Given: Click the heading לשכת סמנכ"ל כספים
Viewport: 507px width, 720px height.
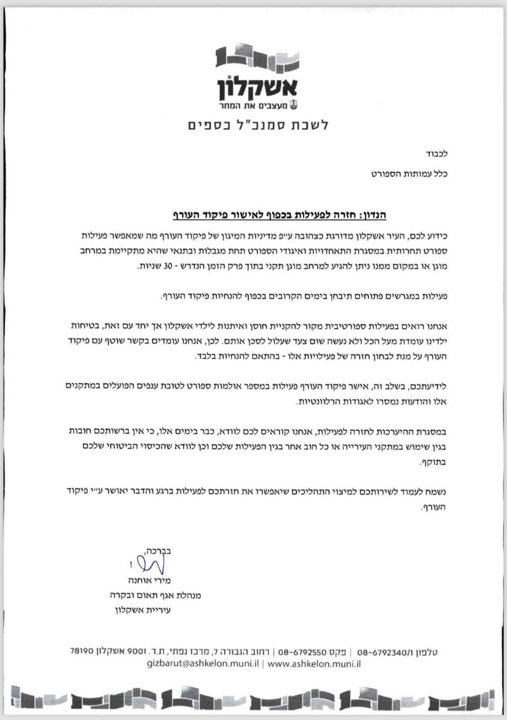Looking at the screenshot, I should [x=257, y=125].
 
